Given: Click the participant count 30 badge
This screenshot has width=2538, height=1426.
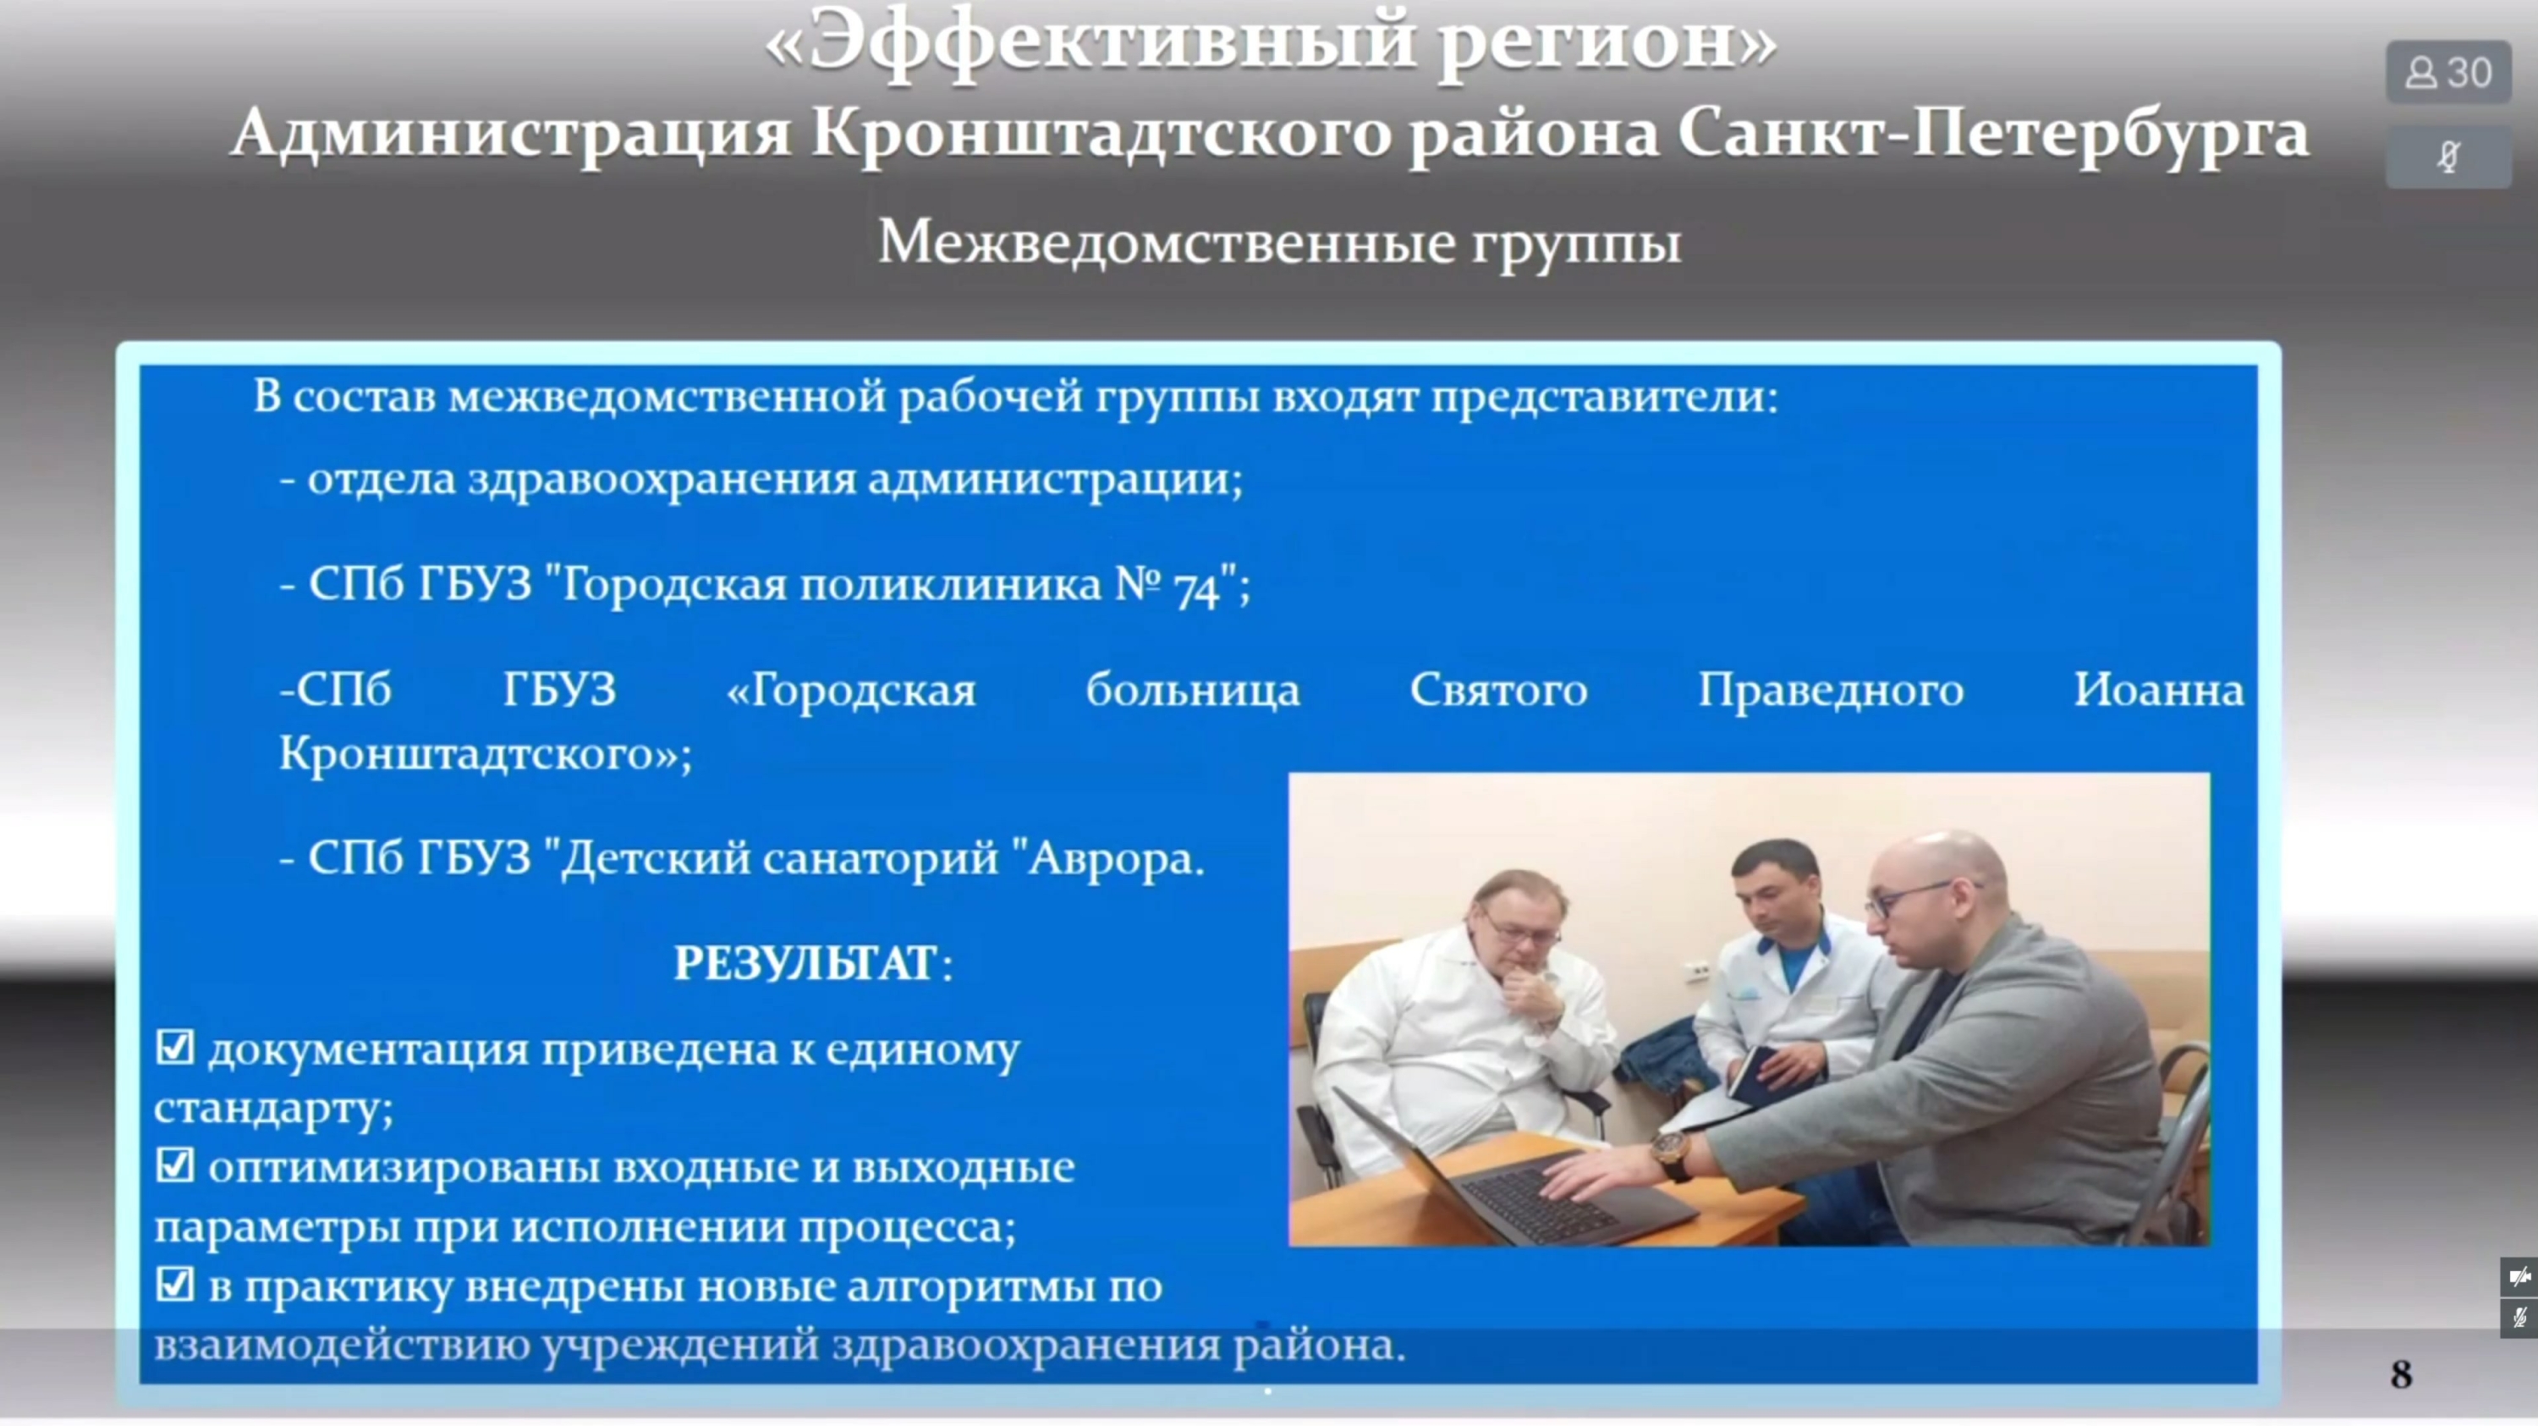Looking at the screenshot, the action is [x=2448, y=73].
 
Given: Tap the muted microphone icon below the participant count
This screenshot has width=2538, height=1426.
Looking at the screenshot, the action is [x=2448, y=157].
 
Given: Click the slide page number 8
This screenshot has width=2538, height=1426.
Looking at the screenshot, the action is [x=2402, y=1374].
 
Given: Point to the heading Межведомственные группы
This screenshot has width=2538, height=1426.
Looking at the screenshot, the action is [x=1280, y=242].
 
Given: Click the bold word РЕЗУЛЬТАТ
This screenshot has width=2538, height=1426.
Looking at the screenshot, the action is [x=805, y=964].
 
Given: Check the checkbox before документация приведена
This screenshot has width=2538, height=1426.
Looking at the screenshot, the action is [x=174, y=1048].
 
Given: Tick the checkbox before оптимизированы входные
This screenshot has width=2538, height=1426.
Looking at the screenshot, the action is [x=174, y=1166].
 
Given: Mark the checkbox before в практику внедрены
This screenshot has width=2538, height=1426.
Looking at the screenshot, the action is [x=174, y=1284].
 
